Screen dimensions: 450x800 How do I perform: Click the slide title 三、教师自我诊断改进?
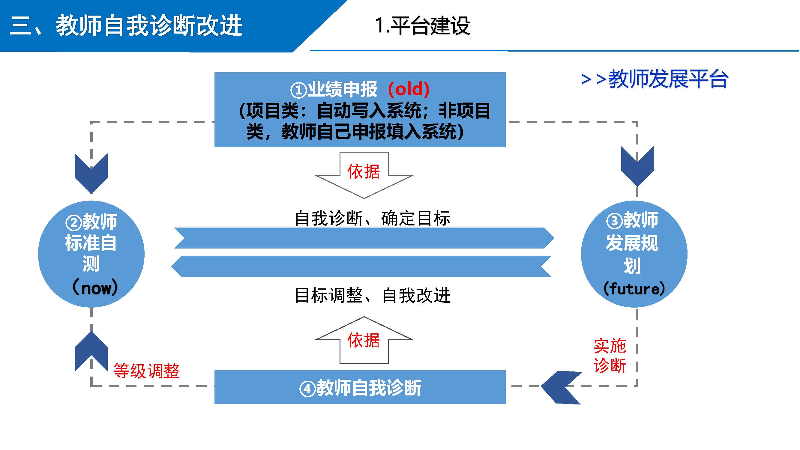tap(126, 25)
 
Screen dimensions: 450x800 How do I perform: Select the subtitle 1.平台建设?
tap(422, 25)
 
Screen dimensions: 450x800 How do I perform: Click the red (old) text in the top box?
tap(409, 89)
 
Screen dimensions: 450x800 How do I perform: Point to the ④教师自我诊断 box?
tap(360, 387)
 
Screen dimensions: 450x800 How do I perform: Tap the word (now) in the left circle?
tap(95, 288)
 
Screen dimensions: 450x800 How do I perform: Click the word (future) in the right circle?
tap(634, 289)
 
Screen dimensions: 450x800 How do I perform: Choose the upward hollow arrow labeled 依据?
tap(364, 340)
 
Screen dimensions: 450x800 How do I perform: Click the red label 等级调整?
tap(146, 371)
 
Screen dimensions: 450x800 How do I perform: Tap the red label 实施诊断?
tap(610, 356)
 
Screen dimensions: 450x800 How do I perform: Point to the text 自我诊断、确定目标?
tap(372, 218)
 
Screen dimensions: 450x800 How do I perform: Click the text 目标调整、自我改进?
tap(372, 295)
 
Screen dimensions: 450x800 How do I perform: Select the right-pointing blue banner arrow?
tap(364, 238)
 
